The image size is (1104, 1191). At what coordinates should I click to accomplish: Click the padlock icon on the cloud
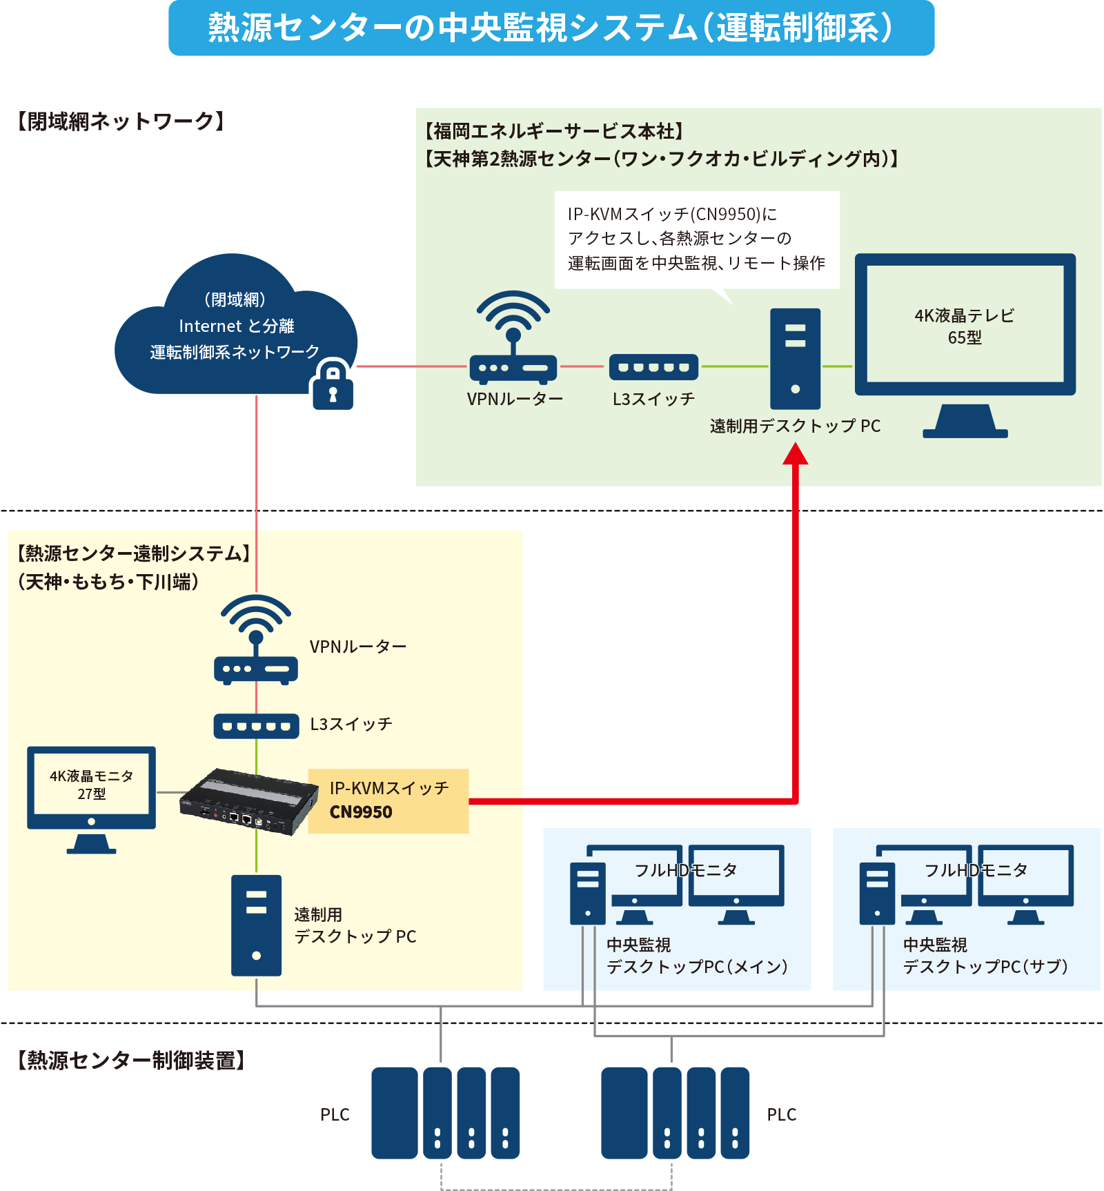tap(333, 386)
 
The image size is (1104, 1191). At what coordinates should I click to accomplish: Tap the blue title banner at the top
tap(551, 28)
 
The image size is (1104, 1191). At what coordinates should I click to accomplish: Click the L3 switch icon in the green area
tap(653, 367)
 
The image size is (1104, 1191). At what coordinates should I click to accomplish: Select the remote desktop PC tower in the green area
tap(795, 359)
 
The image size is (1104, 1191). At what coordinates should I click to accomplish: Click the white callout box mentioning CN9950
tap(697, 239)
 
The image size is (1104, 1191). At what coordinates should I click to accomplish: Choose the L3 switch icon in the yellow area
tap(256, 726)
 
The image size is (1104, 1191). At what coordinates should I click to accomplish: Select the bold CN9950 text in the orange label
tap(361, 812)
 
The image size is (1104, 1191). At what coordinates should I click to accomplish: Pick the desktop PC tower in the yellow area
tap(256, 925)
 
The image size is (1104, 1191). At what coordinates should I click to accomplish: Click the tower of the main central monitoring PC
tap(587, 894)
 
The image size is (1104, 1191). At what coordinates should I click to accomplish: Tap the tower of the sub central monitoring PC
tap(877, 894)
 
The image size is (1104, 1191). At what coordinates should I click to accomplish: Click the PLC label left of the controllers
tap(335, 1114)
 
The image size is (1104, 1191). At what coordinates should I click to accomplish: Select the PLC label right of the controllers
tap(781, 1114)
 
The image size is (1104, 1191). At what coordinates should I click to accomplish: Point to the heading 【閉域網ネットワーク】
tap(121, 121)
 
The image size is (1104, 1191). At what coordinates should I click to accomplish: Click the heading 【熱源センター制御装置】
tap(131, 1060)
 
